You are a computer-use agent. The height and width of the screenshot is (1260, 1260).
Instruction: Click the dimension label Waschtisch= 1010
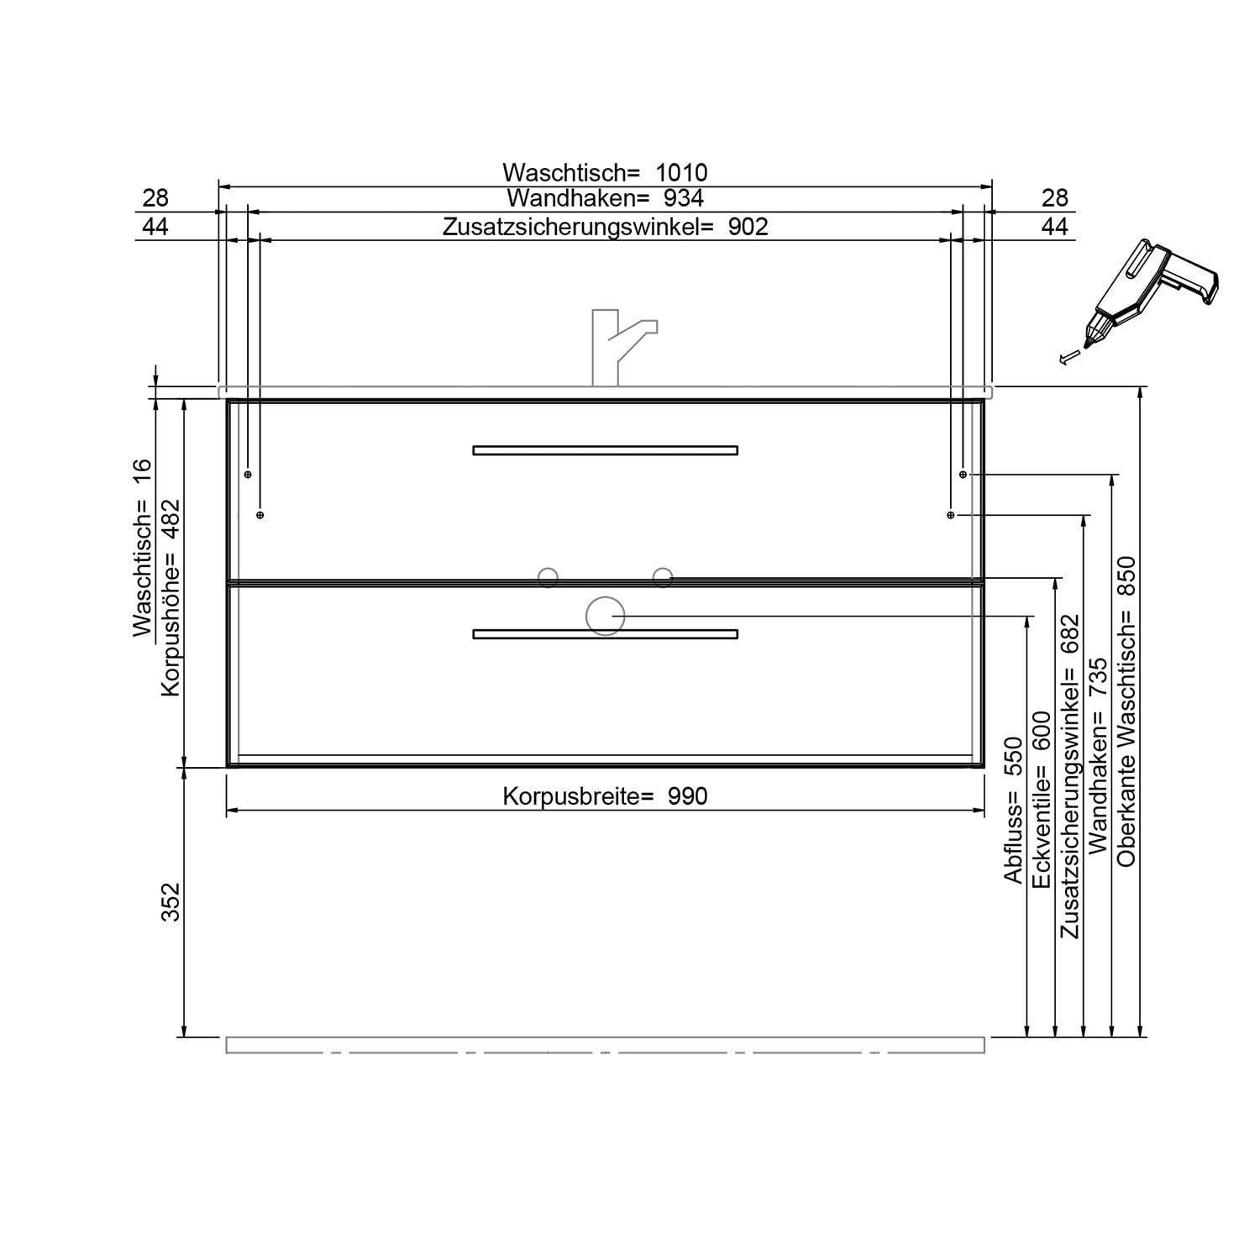[x=605, y=172]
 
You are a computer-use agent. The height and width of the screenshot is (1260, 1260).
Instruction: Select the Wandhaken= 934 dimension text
[x=605, y=198]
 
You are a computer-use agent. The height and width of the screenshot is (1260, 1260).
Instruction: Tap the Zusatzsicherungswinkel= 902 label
[x=605, y=227]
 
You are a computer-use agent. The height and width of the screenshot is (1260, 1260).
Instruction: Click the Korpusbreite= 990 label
[x=605, y=796]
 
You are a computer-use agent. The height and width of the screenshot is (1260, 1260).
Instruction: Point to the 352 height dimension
[x=171, y=901]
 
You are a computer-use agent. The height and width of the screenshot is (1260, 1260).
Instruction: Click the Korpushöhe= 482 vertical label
[x=171, y=598]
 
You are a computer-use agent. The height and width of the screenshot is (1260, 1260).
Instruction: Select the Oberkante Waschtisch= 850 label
[x=1126, y=711]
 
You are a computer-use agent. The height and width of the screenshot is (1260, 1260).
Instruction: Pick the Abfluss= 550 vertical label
[x=1014, y=809]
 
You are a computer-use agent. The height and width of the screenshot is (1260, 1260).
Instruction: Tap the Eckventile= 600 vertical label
[x=1042, y=800]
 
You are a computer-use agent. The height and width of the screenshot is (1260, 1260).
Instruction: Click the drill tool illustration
[x=1142, y=302]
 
